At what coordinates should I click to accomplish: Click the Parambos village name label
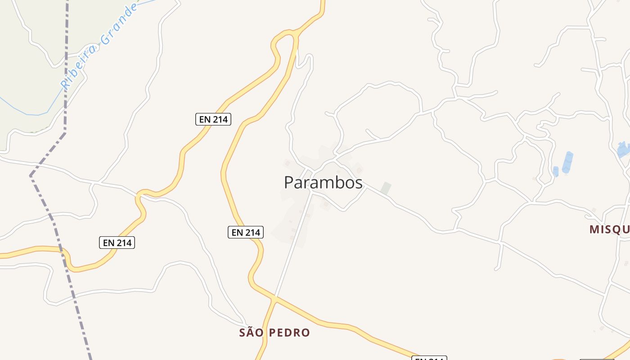(323, 183)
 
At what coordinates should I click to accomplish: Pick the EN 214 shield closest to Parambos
(245, 232)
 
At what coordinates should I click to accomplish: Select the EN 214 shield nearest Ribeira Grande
(213, 119)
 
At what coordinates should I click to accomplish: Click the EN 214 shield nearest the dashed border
(117, 243)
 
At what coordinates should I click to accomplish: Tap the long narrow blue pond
(567, 162)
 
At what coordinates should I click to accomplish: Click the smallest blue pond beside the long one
(556, 171)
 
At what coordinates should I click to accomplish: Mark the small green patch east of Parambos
(386, 188)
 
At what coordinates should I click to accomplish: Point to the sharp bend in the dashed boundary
(31, 175)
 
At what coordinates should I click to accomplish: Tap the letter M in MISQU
(594, 229)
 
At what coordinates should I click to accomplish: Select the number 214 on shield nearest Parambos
(252, 232)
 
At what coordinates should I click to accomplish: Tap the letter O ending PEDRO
(306, 333)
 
